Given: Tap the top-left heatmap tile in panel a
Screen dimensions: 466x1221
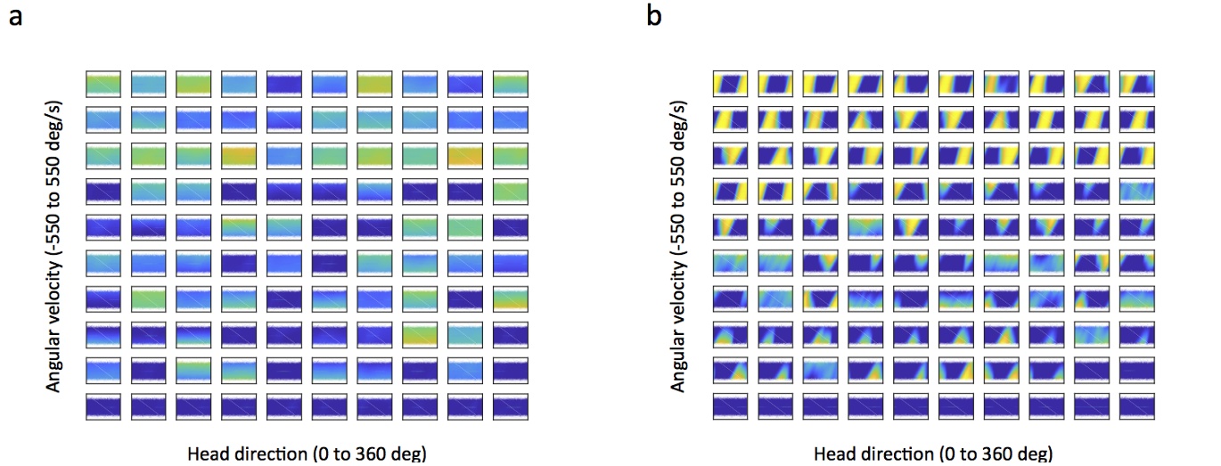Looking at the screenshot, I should [104, 84].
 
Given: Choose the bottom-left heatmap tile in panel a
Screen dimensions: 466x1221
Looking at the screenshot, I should [104, 406].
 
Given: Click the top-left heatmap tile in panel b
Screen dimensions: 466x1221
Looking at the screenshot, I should [731, 84].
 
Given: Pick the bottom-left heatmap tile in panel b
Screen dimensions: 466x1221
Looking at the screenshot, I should [731, 406].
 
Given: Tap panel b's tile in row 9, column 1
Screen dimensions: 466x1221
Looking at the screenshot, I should [731, 371].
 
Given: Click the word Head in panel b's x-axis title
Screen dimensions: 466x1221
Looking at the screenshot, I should [832, 452].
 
